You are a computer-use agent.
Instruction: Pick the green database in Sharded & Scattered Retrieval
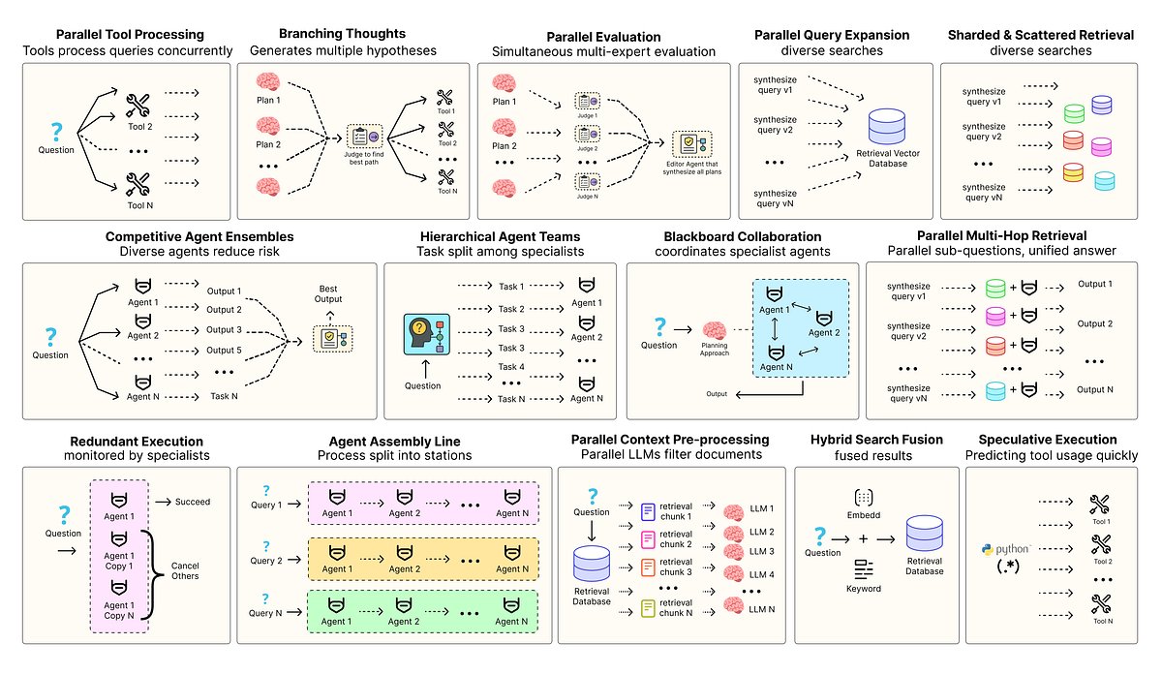pos(1072,113)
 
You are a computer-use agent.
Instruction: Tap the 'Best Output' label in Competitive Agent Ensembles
pos(329,293)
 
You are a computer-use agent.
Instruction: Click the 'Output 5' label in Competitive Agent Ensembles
pos(224,350)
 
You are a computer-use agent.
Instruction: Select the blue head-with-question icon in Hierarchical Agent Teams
pos(422,336)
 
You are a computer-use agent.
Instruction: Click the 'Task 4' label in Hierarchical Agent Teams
pos(510,367)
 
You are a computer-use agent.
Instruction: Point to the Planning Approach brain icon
pos(715,332)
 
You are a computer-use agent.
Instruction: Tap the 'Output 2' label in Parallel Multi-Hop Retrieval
pos(1094,323)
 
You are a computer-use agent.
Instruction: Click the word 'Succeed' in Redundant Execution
pos(194,502)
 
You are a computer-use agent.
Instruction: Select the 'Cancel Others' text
pos(186,569)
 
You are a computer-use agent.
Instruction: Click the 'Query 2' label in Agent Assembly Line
pos(266,561)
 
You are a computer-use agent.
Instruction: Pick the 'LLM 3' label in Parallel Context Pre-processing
pos(763,551)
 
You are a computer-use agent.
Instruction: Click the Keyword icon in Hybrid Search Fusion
pos(863,570)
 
